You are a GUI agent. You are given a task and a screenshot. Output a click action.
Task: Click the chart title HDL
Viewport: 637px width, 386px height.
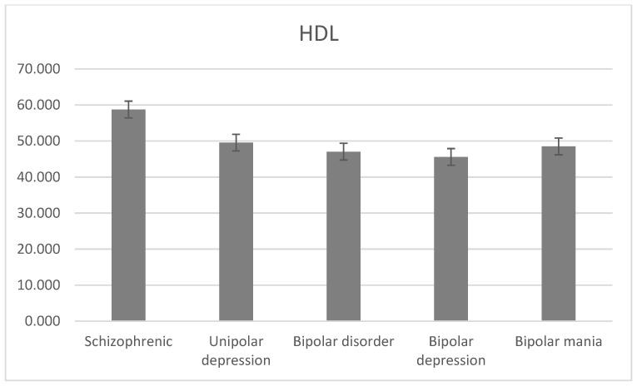coord(319,35)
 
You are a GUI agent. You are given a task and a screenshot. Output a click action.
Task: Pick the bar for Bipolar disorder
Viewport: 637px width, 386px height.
coord(343,236)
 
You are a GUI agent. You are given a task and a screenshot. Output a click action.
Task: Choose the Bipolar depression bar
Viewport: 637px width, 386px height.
coord(450,239)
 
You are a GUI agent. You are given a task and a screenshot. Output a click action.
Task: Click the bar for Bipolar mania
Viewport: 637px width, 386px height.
coord(558,234)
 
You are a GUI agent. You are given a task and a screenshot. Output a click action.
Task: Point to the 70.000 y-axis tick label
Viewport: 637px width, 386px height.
coord(38,69)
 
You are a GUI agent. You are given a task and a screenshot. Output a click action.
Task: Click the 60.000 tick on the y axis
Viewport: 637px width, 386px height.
coord(38,105)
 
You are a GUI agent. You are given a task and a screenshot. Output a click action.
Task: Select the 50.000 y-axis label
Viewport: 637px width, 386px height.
coord(38,141)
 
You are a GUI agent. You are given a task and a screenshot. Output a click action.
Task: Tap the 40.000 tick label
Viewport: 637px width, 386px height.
coord(38,177)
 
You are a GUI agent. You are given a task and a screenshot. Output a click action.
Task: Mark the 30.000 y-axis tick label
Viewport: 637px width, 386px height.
coord(38,213)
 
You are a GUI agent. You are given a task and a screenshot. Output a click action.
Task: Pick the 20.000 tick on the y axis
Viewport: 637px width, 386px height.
coord(38,249)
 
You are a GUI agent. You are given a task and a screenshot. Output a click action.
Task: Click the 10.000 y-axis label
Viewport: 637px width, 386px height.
coord(38,285)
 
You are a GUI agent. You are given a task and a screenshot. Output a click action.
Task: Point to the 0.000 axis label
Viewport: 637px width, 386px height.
coord(42,320)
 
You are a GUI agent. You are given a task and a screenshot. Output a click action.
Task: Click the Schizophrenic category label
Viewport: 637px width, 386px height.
coord(128,343)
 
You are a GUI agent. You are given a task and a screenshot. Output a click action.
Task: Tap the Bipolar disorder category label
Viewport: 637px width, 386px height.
coord(343,343)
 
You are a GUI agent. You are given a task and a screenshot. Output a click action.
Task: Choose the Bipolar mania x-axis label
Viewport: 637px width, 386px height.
coord(558,343)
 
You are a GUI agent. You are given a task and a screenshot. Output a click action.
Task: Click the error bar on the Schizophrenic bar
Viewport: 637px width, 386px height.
coord(128,109)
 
